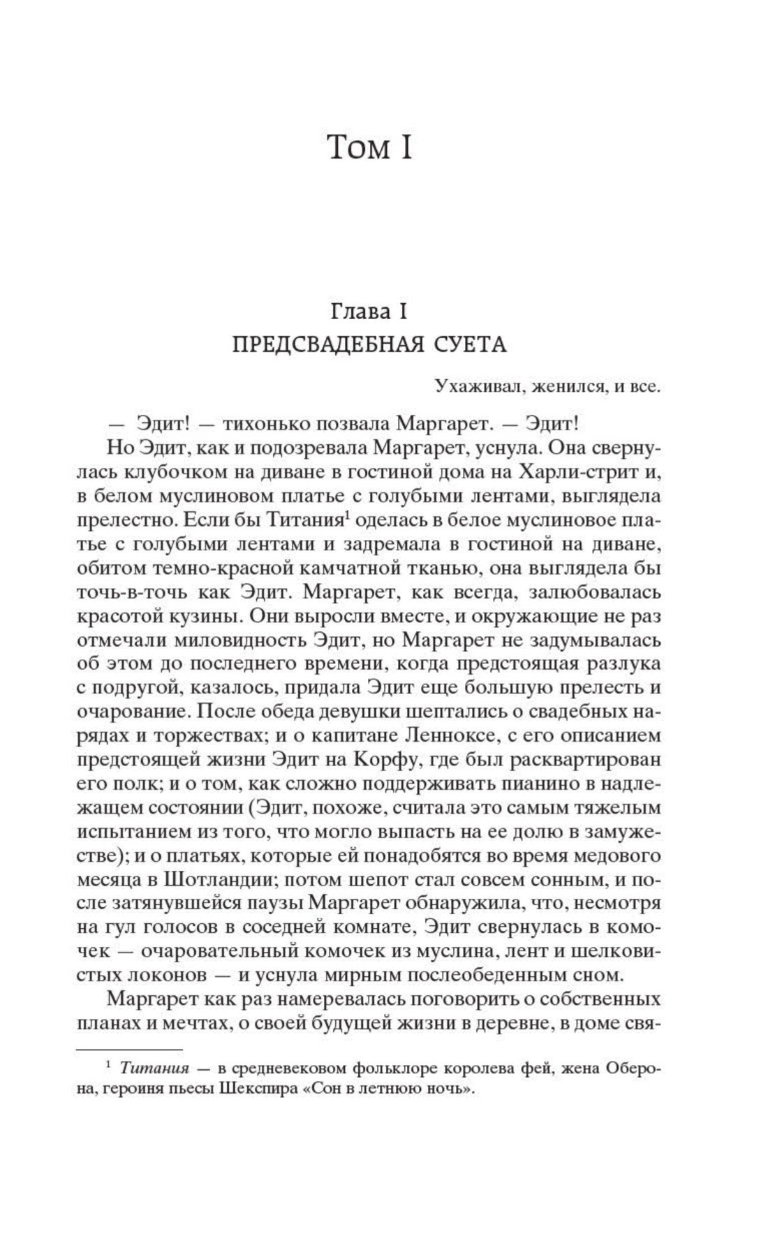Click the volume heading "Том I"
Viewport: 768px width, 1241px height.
(369, 148)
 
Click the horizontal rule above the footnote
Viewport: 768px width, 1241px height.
(128, 1049)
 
